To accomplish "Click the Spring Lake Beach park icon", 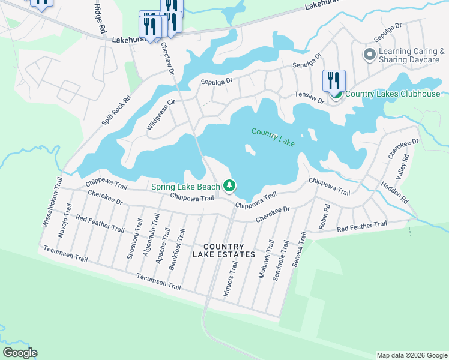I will pyautogui.click(x=229, y=187).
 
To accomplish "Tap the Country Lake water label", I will pyautogui.click(x=273, y=137).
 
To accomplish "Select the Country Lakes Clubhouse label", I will pyautogui.click(x=393, y=94).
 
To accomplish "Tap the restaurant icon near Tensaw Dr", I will pyautogui.click(x=334, y=81).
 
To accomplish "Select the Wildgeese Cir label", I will pyautogui.click(x=160, y=115).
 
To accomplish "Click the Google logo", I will pyautogui.click(x=20, y=353).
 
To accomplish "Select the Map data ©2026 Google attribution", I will pyautogui.click(x=411, y=355).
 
